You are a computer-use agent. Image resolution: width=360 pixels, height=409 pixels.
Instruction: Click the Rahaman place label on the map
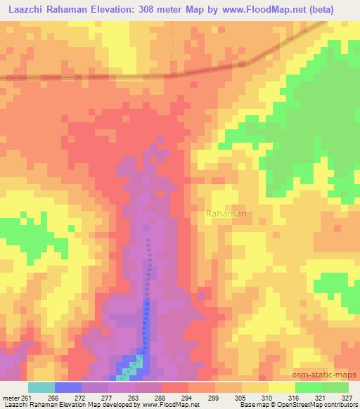pyautogui.click(x=226, y=214)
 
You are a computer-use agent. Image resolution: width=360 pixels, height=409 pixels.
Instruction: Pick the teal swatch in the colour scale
pyautogui.click(x=41, y=388)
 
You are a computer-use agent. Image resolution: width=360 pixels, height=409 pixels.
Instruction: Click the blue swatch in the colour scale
pyautogui.click(x=68, y=388)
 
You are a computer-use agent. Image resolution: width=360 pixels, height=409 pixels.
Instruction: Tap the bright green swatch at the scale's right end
pyautogui.click(x=335, y=388)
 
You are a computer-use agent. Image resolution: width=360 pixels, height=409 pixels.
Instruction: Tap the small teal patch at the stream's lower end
pyautogui.click(x=138, y=364)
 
